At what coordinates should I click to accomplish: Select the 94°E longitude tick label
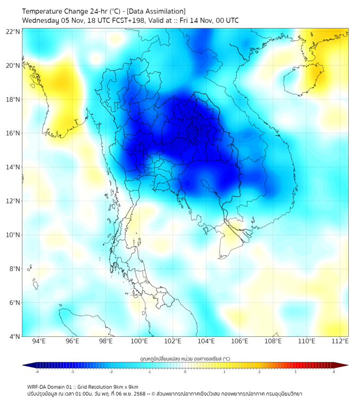[x=39, y=341]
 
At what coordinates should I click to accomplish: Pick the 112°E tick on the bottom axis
[x=340, y=341]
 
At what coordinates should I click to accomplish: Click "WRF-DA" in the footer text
[x=38, y=386]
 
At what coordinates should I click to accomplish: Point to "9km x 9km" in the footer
[x=124, y=386]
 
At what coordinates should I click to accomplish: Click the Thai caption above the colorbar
[x=185, y=358]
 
